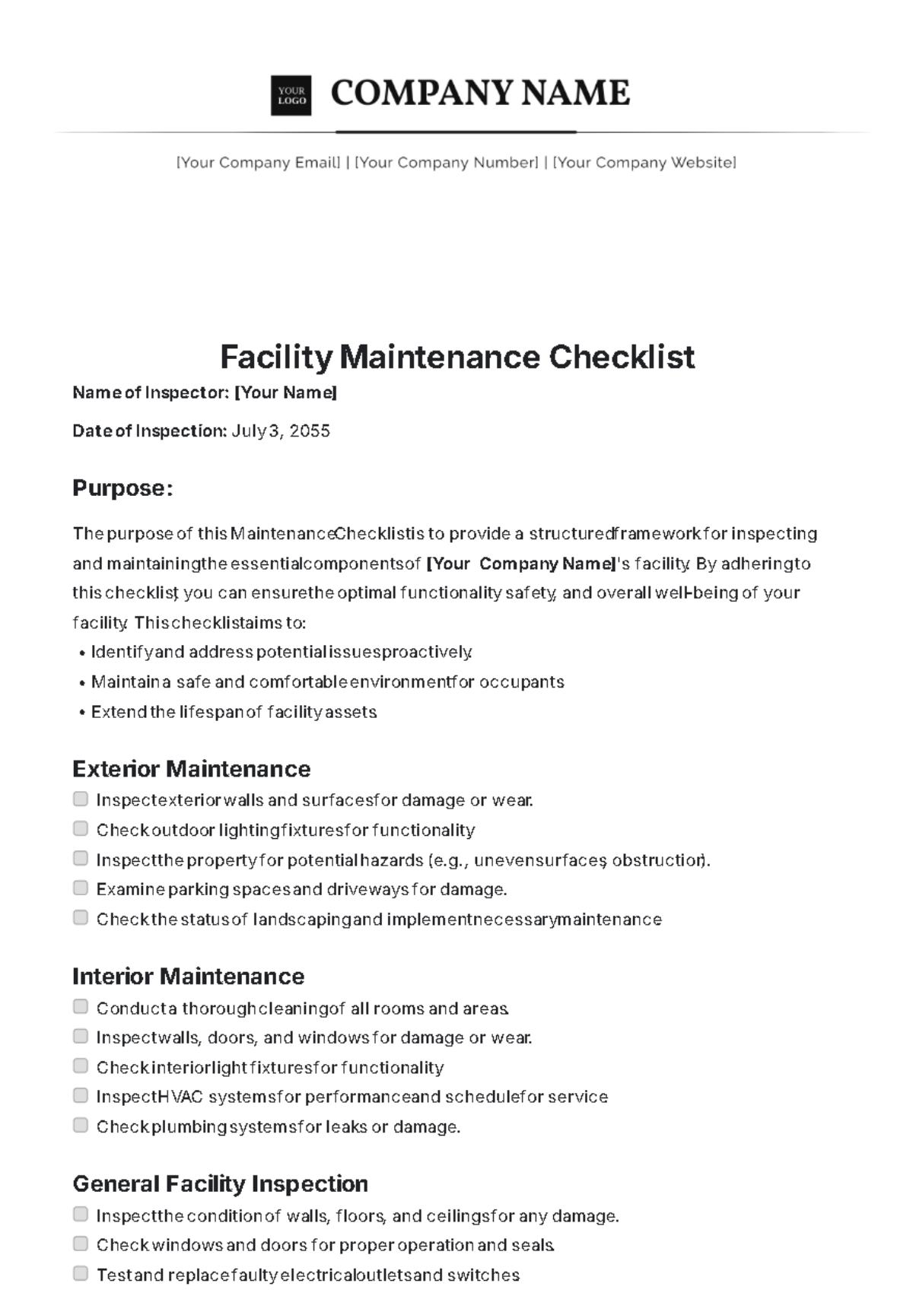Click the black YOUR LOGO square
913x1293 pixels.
coord(291,96)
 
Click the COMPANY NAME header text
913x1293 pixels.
coord(480,93)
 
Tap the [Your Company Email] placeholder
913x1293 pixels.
coord(259,162)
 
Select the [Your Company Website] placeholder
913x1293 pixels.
coord(644,162)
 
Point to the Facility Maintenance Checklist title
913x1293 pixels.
coord(457,357)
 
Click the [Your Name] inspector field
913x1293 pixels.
coord(285,392)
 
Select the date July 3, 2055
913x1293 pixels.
coord(281,431)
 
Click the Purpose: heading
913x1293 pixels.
coord(122,488)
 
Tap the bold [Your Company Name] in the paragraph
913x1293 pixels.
coord(522,564)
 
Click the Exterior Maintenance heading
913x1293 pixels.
coord(191,769)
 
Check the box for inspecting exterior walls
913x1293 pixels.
coord(81,799)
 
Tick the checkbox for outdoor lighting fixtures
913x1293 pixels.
coord(81,828)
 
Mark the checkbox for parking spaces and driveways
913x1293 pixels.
coord(81,888)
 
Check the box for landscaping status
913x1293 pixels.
coord(81,917)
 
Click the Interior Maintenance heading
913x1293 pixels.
coord(188,976)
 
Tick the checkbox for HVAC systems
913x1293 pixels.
coord(81,1095)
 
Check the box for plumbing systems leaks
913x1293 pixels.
coord(81,1125)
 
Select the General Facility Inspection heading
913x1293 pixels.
coord(220,1183)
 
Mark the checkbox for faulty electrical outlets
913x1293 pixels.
coord(81,1273)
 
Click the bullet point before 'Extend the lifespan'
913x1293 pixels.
coord(81,713)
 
